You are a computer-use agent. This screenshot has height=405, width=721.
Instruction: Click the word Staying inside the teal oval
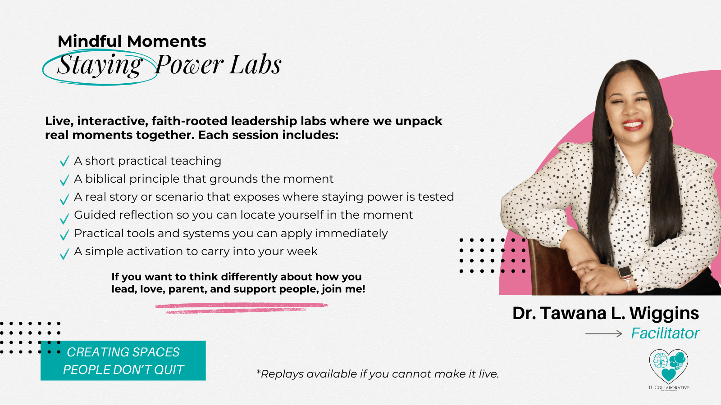(100, 65)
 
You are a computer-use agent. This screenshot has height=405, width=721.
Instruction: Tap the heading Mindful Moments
(132, 41)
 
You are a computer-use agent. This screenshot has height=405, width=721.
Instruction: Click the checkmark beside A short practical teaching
(65, 161)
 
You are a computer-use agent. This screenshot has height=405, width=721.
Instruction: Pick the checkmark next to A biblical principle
(65, 180)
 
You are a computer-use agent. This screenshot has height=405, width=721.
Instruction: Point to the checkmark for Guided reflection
(65, 218)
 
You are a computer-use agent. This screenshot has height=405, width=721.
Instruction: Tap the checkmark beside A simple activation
(65, 254)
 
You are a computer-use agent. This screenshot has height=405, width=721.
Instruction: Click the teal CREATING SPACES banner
(123, 360)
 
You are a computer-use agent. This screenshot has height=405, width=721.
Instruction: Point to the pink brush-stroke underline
(241, 308)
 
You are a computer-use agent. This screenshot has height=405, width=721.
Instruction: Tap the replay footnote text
(377, 374)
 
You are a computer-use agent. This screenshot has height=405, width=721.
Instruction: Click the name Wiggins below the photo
(664, 314)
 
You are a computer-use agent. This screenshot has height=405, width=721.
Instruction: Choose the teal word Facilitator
(665, 333)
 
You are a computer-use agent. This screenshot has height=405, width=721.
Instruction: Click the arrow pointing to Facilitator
(603, 334)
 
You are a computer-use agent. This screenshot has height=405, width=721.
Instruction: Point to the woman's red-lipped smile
(633, 125)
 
